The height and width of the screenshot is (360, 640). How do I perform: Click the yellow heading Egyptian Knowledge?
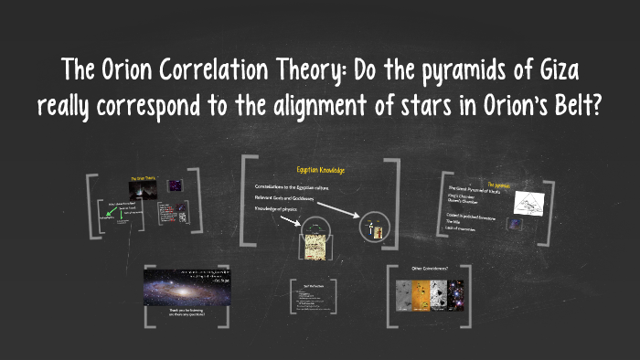pyautogui.click(x=320, y=171)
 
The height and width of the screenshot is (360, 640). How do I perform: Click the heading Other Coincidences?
pyautogui.click(x=430, y=269)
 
